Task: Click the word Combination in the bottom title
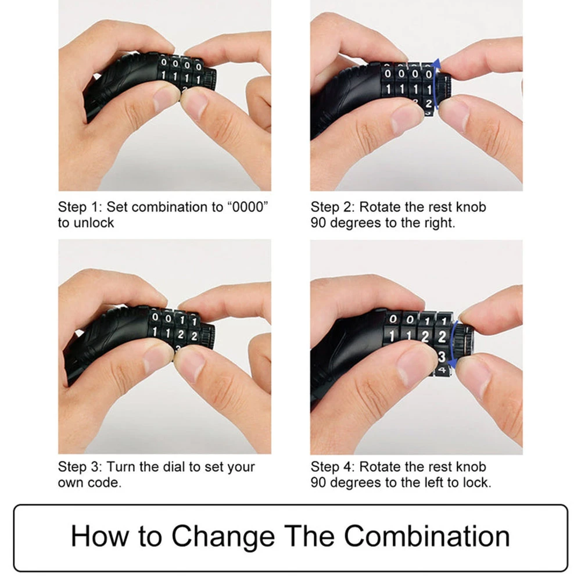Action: pyautogui.click(x=427, y=536)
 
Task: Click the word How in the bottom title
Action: pyautogui.click(x=100, y=536)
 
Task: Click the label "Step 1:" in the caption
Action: pyautogui.click(x=79, y=207)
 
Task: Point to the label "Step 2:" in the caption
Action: pyautogui.click(x=332, y=207)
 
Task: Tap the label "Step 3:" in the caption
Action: pyautogui.click(x=79, y=467)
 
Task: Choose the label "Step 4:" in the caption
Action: pyautogui.click(x=332, y=467)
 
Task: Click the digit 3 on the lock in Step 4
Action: pyautogui.click(x=441, y=357)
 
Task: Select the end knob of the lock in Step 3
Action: pyautogui.click(x=208, y=336)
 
